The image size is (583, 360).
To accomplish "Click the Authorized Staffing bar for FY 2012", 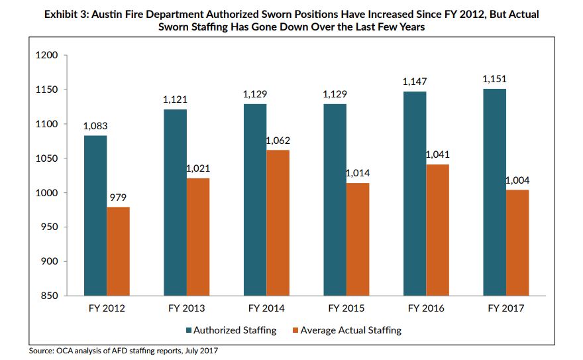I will click(95, 215).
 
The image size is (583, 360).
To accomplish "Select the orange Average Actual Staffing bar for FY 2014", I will click(278, 223).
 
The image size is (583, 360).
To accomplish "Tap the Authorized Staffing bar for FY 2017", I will click(494, 192).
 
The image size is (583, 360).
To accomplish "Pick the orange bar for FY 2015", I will click(358, 239).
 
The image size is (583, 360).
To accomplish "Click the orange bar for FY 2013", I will click(198, 237).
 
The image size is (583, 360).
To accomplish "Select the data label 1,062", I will click(278, 141).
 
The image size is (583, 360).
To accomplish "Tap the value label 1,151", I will click(494, 80).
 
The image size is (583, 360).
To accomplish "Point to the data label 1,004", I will click(518, 180).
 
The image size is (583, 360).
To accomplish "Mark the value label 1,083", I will click(95, 126).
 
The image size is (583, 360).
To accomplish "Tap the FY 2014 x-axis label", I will click(266, 308).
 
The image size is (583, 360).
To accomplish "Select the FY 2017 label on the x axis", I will click(506, 308).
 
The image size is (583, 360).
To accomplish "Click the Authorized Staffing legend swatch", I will click(188, 330).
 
